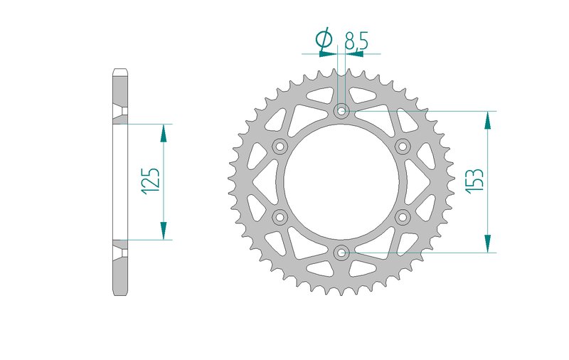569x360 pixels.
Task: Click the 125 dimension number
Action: (151, 181)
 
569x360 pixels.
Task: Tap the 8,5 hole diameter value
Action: (356, 41)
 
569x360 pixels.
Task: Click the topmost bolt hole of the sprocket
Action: (341, 111)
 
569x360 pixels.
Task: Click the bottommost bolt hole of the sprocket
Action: (341, 253)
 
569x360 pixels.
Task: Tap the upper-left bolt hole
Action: (280, 147)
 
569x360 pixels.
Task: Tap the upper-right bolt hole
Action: (403, 147)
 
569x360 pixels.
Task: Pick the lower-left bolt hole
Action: (280, 217)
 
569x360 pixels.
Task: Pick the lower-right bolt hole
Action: (403, 217)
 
